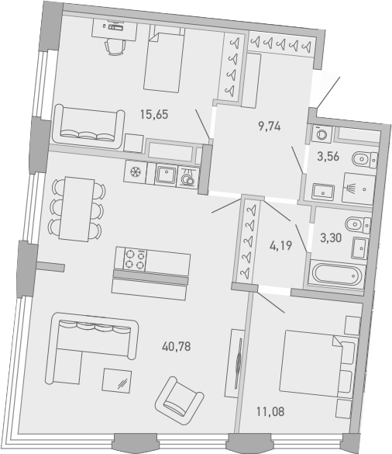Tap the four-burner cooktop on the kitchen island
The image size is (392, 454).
(x=131, y=258)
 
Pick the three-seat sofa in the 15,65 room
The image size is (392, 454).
(x=88, y=125)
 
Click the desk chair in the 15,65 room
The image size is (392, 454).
(x=114, y=44)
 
